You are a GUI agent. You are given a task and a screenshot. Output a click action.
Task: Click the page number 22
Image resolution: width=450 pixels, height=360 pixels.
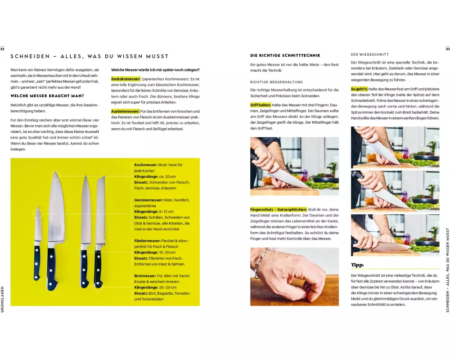pyautogui.click(x=2, y=49)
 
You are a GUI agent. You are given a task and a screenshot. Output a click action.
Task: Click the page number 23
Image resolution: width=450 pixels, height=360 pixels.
pyautogui.click(x=448, y=49)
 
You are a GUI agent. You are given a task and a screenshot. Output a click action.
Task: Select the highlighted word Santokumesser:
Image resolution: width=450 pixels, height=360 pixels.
pyautogui.click(x=126, y=79)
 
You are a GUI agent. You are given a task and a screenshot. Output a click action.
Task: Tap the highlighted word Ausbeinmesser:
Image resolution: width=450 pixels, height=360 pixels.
pyautogui.click(x=126, y=112)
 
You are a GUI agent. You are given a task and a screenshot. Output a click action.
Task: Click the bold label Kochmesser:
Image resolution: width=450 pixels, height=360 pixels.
pyautogui.click(x=146, y=165)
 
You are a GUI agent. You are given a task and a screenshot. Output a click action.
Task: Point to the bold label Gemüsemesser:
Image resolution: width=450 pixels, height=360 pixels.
pyautogui.click(x=148, y=200)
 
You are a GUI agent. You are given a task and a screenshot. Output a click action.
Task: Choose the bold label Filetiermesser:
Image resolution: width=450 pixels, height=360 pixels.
pyautogui.click(x=148, y=241)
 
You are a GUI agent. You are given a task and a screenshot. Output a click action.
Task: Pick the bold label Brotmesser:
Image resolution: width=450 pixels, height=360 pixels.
pyautogui.click(x=145, y=276)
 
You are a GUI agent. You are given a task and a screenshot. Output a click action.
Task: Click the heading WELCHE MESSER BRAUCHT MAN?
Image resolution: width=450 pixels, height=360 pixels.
pyautogui.click(x=47, y=96)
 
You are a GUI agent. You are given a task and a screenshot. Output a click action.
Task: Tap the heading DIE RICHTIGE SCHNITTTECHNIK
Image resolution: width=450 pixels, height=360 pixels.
pyautogui.click(x=285, y=55)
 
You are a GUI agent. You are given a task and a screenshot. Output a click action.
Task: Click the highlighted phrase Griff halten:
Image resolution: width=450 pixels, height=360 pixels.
pyautogui.click(x=261, y=105)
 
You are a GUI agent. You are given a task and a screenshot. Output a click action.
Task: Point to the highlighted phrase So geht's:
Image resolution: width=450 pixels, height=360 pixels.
pyautogui.click(x=359, y=89)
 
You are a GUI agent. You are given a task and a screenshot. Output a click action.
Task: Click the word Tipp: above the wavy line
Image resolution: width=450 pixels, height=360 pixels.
pyautogui.click(x=357, y=265)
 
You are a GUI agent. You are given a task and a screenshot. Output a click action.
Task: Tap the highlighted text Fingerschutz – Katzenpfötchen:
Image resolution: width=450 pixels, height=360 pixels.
pyautogui.click(x=279, y=210)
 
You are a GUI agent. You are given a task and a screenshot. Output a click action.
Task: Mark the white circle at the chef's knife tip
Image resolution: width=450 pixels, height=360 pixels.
pyautogui.click(x=55, y=175)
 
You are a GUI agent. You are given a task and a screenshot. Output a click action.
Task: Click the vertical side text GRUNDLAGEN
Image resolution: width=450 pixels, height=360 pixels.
pyautogui.click(x=2, y=299)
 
